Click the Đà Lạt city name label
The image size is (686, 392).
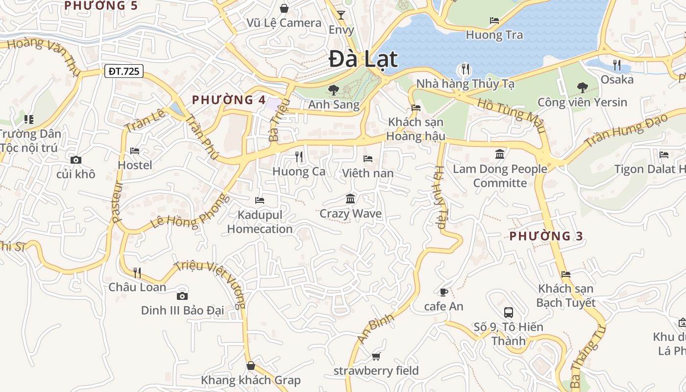tap(363, 59)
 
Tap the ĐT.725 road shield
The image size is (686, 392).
tap(124, 72)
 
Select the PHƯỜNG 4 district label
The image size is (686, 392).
tap(228, 100)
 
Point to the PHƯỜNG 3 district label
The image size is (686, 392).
tap(546, 236)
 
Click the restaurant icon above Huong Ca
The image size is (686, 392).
tap(298, 156)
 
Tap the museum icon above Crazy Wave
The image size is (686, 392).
tap(350, 198)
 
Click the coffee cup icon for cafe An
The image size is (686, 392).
tap(443, 292)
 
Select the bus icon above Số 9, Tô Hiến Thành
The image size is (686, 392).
tap(508, 312)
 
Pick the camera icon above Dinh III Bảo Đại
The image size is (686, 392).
tap(182, 295)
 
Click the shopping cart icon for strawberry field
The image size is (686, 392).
tap(376, 356)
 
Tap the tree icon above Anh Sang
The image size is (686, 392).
tap(333, 90)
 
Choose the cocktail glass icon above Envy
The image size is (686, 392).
tap(341, 15)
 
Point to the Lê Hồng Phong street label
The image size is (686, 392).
tap(190, 212)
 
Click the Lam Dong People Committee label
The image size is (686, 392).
tap(500, 176)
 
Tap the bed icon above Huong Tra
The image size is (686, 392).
tap(494, 21)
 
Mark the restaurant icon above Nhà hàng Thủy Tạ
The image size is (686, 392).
tap(465, 69)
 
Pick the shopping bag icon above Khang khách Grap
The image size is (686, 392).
tap(250, 366)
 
